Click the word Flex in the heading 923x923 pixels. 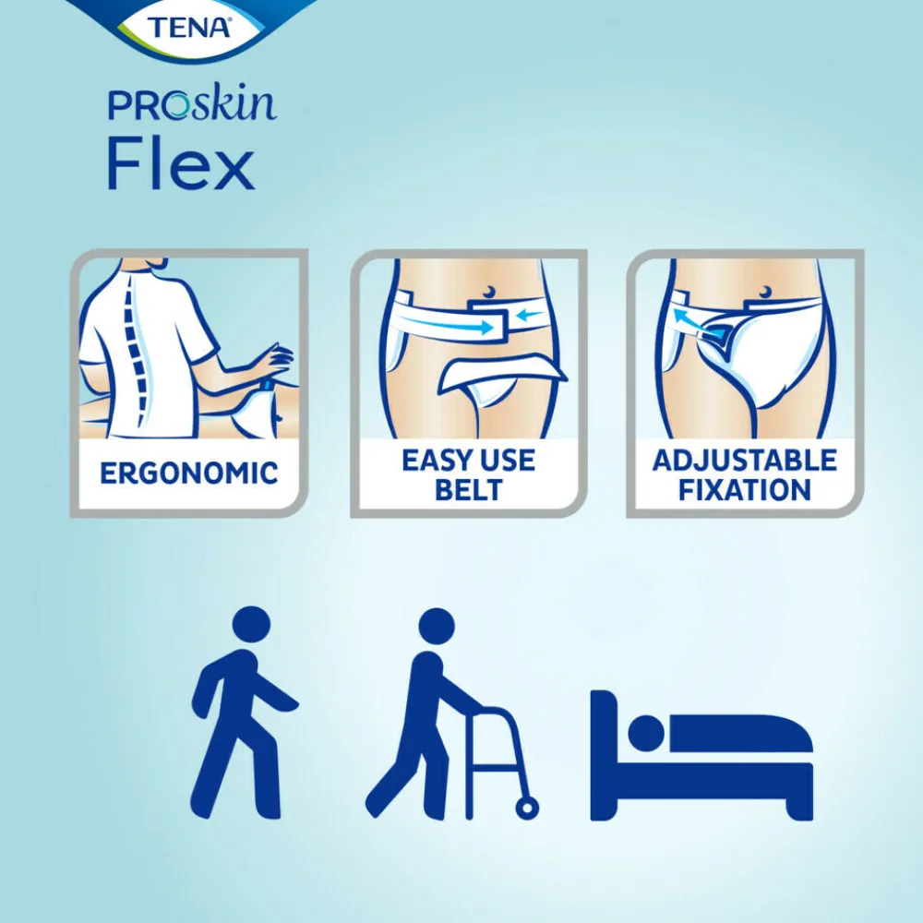pos(180,166)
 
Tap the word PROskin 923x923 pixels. pos(191,104)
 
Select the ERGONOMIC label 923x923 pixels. pos(189,473)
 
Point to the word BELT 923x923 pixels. pos(468,489)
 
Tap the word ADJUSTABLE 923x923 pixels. pos(745,460)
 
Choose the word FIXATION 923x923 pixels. pos(745,489)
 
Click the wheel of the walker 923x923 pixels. pos(527,809)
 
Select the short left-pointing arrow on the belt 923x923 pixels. pos(531,316)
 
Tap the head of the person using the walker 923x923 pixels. pos(437,627)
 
